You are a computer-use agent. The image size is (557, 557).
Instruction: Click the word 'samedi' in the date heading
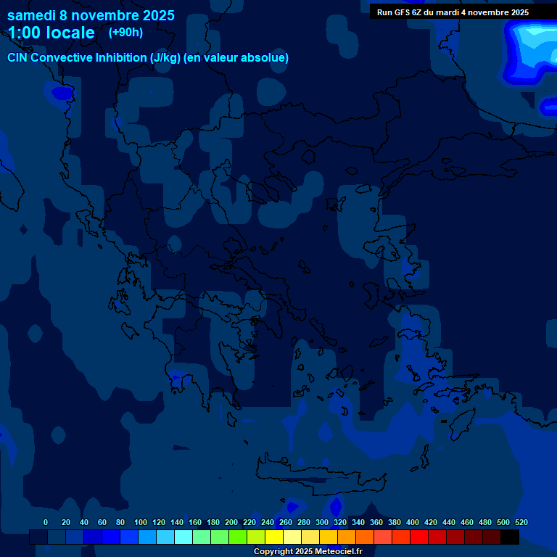pyautogui.click(x=31, y=15)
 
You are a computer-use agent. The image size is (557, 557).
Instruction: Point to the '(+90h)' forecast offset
pyautogui.click(x=125, y=33)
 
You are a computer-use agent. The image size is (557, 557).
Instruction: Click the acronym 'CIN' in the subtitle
pyautogui.click(x=17, y=58)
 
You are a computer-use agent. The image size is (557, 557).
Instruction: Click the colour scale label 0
pyautogui.click(x=46, y=522)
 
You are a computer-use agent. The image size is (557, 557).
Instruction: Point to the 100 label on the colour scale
pyautogui.click(x=141, y=522)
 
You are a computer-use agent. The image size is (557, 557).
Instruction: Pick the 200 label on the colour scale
pyautogui.click(x=231, y=522)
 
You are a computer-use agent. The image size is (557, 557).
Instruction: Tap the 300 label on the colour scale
pyautogui.click(x=322, y=522)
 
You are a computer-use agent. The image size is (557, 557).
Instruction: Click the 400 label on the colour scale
pyautogui.click(x=413, y=522)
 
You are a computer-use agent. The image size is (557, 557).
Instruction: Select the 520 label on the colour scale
pyautogui.click(x=521, y=522)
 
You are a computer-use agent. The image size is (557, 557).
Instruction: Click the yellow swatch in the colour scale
pyautogui.click(x=274, y=537)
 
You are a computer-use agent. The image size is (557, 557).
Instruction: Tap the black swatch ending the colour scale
pyautogui.click(x=510, y=537)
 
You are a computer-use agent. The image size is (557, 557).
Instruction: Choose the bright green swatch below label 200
pyautogui.click(x=238, y=537)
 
